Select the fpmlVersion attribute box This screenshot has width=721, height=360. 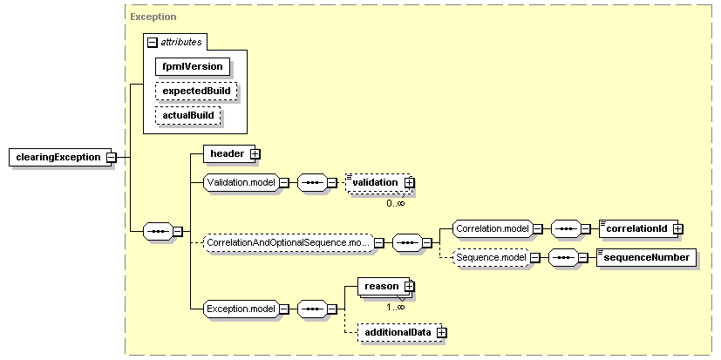[192, 66]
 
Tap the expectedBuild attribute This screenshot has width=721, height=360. [196, 91]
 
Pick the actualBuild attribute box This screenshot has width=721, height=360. [188, 115]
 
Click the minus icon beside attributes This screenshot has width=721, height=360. [153, 43]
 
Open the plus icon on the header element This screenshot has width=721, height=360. [255, 154]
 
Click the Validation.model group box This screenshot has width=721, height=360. [241, 183]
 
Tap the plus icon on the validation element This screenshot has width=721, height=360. [409, 183]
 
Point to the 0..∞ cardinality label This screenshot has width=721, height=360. [396, 202]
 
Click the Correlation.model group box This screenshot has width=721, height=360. [493, 228]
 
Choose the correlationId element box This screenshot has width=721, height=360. [638, 228]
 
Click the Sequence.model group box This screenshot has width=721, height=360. [491, 258]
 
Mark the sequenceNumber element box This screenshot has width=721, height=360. [646, 258]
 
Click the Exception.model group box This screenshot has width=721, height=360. [241, 309]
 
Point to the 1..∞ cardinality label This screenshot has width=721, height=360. [396, 307]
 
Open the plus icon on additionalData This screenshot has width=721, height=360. [441, 332]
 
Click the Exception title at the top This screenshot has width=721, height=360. [153, 17]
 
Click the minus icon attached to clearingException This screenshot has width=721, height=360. [111, 158]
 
